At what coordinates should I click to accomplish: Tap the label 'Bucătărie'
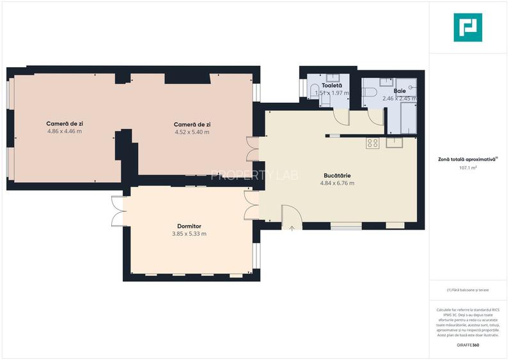coord(336,175)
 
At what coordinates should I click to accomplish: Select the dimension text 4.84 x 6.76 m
coord(336,184)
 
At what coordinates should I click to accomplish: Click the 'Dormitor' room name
coord(189,226)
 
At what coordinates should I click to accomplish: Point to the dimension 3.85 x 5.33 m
coord(189,234)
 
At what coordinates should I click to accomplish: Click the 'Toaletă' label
coord(332,85)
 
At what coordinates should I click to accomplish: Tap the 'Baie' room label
coord(400,91)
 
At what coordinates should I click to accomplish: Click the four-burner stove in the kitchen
coord(372,143)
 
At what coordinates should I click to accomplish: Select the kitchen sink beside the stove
coord(394,143)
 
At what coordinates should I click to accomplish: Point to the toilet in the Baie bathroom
coord(370,94)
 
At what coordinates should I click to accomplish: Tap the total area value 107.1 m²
coord(468,168)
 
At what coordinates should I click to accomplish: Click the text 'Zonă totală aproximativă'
coord(467,159)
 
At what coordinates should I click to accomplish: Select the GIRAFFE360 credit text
coord(468,345)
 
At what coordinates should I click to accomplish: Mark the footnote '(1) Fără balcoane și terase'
coord(468,290)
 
